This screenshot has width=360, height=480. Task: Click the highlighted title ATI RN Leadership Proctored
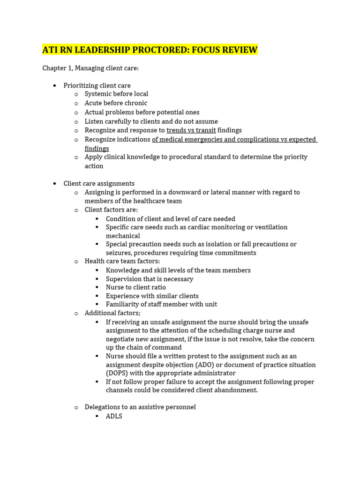[150, 50]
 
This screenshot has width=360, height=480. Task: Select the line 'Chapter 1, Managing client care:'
[90, 68]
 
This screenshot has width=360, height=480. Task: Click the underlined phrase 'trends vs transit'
[191, 130]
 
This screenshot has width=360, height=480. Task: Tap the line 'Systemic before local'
[116, 94]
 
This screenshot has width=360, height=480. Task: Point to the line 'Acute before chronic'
[116, 103]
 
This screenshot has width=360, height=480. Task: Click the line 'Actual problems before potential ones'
[142, 112]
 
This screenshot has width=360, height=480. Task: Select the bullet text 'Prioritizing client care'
[97, 85]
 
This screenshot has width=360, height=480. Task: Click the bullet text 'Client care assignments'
[99, 184]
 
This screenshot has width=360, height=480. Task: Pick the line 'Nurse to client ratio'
[136, 287]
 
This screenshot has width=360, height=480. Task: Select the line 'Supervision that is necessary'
[150, 279]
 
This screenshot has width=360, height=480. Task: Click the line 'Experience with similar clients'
[152, 296]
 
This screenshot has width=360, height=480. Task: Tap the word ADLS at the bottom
[114, 416]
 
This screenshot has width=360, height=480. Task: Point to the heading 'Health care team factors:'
[122, 261]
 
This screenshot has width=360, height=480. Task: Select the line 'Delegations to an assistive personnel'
[140, 407]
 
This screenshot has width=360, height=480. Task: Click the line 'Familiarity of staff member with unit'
[161, 304]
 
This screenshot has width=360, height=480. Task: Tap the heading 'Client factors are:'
[111, 210]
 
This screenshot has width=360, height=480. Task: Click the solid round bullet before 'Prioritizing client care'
[55, 86]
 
